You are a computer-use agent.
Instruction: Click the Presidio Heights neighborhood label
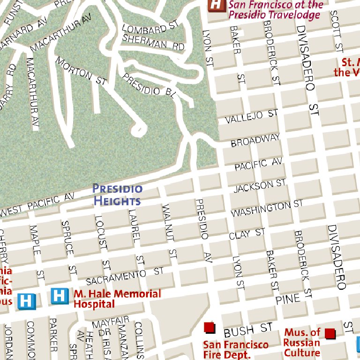click(117, 195)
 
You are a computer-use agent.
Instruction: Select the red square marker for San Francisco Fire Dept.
click(209, 327)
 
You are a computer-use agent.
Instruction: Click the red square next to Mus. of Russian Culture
click(330, 333)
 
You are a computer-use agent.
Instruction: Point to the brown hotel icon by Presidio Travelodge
click(216, 5)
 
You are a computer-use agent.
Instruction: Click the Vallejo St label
click(251, 117)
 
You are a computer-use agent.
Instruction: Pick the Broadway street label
click(255, 140)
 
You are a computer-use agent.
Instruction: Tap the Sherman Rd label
click(152, 44)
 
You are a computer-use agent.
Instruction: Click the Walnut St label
click(168, 230)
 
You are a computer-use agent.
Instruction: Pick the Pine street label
click(287, 299)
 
